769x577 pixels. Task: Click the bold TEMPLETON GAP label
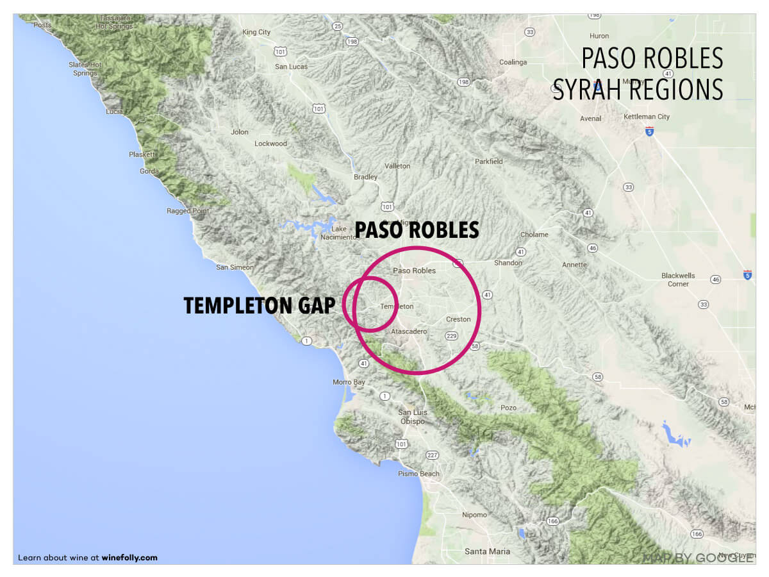pyautogui.click(x=259, y=306)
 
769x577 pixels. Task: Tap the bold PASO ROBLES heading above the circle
pyautogui.click(x=417, y=230)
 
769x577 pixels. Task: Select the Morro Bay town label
pyautogui.click(x=349, y=382)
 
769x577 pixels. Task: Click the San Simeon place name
pyautogui.click(x=235, y=267)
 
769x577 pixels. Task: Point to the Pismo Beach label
pyautogui.click(x=419, y=474)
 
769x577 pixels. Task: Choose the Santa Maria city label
pyautogui.click(x=488, y=551)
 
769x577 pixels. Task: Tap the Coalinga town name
pyautogui.click(x=513, y=62)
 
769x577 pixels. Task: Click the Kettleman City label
pyautogui.click(x=646, y=117)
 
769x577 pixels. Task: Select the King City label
pyautogui.click(x=256, y=32)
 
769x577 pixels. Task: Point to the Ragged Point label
pyautogui.click(x=188, y=211)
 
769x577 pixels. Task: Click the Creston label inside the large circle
pyautogui.click(x=458, y=319)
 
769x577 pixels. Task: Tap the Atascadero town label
pyautogui.click(x=409, y=331)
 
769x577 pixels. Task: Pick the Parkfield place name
pyautogui.click(x=488, y=162)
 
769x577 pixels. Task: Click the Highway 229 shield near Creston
pyautogui.click(x=451, y=335)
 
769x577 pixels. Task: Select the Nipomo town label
pyautogui.click(x=474, y=515)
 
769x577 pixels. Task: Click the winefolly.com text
pyautogui.click(x=129, y=558)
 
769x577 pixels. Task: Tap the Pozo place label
pyautogui.click(x=508, y=408)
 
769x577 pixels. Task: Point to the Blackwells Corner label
pyautogui.click(x=678, y=280)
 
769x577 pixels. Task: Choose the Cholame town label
pyautogui.click(x=534, y=235)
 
